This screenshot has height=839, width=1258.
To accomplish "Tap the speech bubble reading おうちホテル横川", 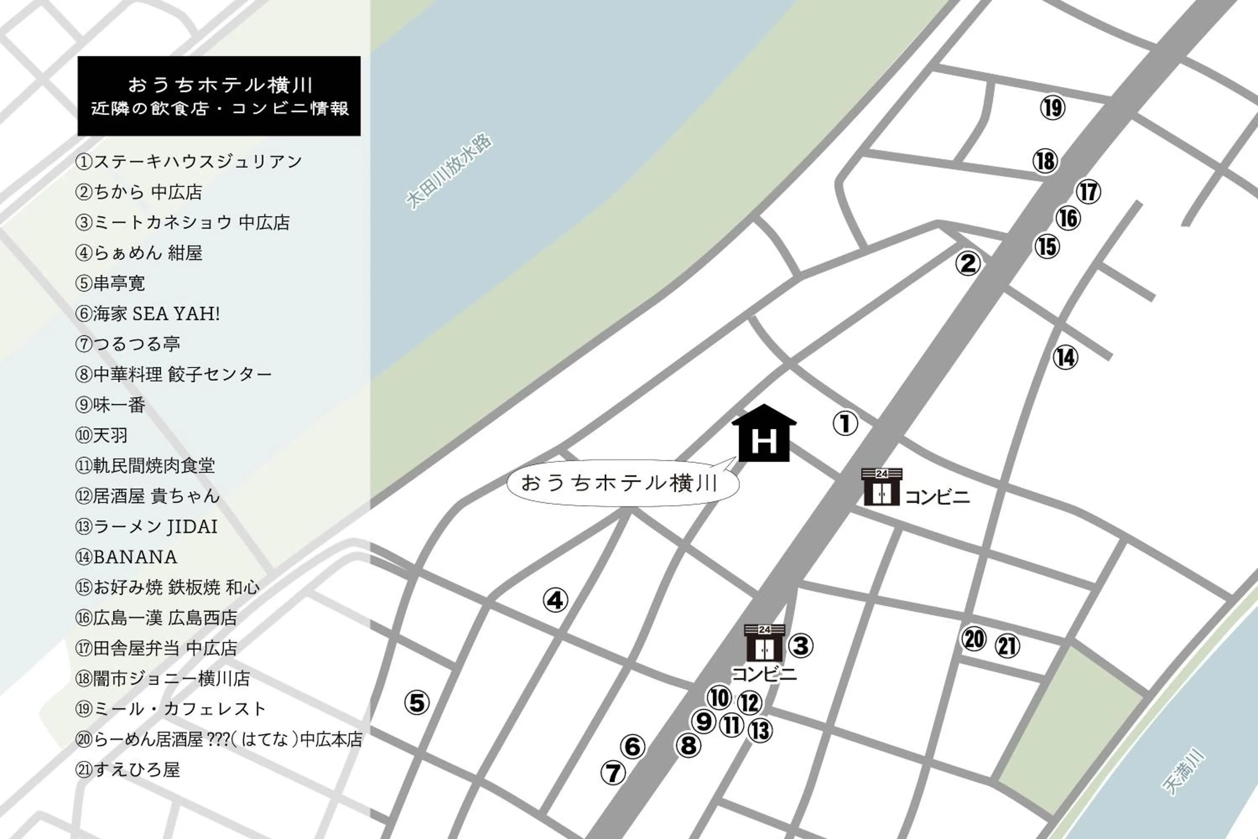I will coord(621,483).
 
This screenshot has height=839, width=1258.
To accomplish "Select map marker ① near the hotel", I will coord(845,423).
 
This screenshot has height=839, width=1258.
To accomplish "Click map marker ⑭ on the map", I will coord(1065,357).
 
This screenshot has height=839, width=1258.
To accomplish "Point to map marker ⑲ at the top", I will coord(1053,108).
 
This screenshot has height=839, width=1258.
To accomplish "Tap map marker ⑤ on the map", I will coord(416,702).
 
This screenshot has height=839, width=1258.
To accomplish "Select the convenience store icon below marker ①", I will coord(881,487).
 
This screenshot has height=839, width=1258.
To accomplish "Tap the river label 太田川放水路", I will coord(449,171).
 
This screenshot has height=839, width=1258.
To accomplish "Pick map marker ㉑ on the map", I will coord(1007,646).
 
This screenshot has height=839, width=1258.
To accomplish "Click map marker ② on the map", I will coord(968,263).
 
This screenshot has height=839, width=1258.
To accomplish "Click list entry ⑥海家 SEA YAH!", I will coord(148,313).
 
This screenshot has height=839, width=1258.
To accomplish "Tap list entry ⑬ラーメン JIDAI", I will coord(147,526).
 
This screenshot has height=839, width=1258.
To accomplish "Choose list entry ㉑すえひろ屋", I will coord(127,770).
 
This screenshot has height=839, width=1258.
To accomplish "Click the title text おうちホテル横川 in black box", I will coord(219,85).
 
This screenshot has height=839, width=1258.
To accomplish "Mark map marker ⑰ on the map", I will coord(1088,192).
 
